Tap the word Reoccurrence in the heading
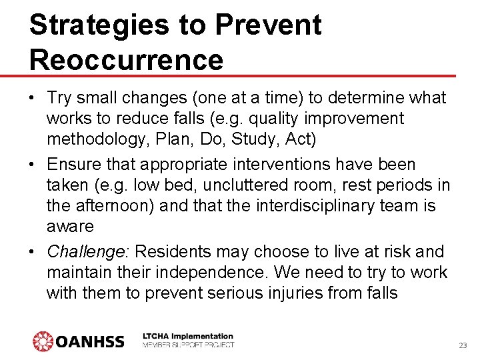(x=126, y=59)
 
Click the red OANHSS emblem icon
(x=43, y=341)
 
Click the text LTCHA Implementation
(x=188, y=337)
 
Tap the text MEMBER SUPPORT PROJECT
(x=188, y=345)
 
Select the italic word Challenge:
(x=89, y=252)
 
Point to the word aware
(x=70, y=226)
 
